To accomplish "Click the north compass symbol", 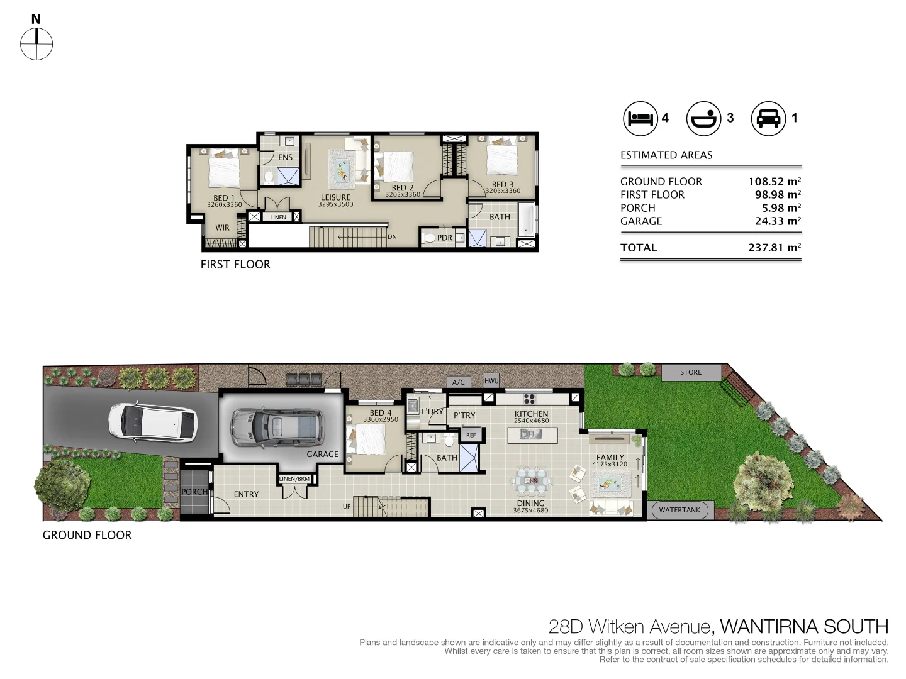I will (x=36, y=44).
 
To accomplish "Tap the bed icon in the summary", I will (x=640, y=118).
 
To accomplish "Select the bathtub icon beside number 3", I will (x=703, y=118).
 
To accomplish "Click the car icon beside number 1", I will (x=768, y=118).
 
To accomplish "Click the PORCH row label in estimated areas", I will (x=637, y=208).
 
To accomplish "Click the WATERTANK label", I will (x=679, y=510).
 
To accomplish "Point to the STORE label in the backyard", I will (x=690, y=372).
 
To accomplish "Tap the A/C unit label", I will (x=458, y=382).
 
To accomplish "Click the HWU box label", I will (x=491, y=380).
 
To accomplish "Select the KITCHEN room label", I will (x=531, y=414).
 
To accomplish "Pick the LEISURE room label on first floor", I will (x=335, y=197).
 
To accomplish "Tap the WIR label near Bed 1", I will (x=222, y=228).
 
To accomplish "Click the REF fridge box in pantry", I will (x=471, y=434).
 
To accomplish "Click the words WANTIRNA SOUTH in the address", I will (x=803, y=627).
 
